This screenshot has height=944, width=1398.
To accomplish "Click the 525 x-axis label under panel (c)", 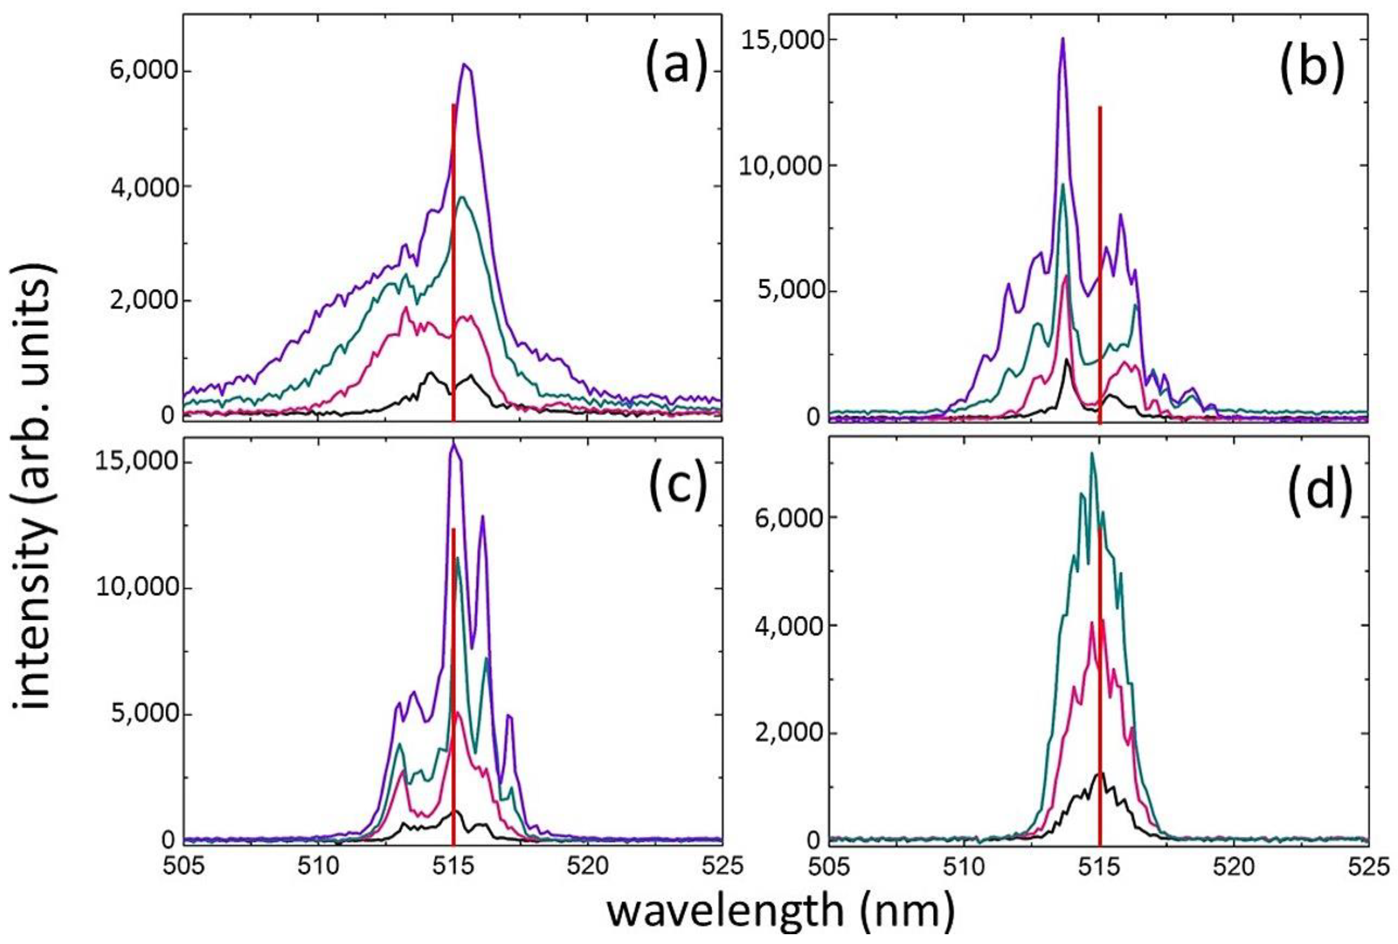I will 721,866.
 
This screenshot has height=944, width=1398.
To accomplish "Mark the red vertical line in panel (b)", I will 1100,265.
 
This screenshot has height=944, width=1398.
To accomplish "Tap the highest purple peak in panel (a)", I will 465,64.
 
